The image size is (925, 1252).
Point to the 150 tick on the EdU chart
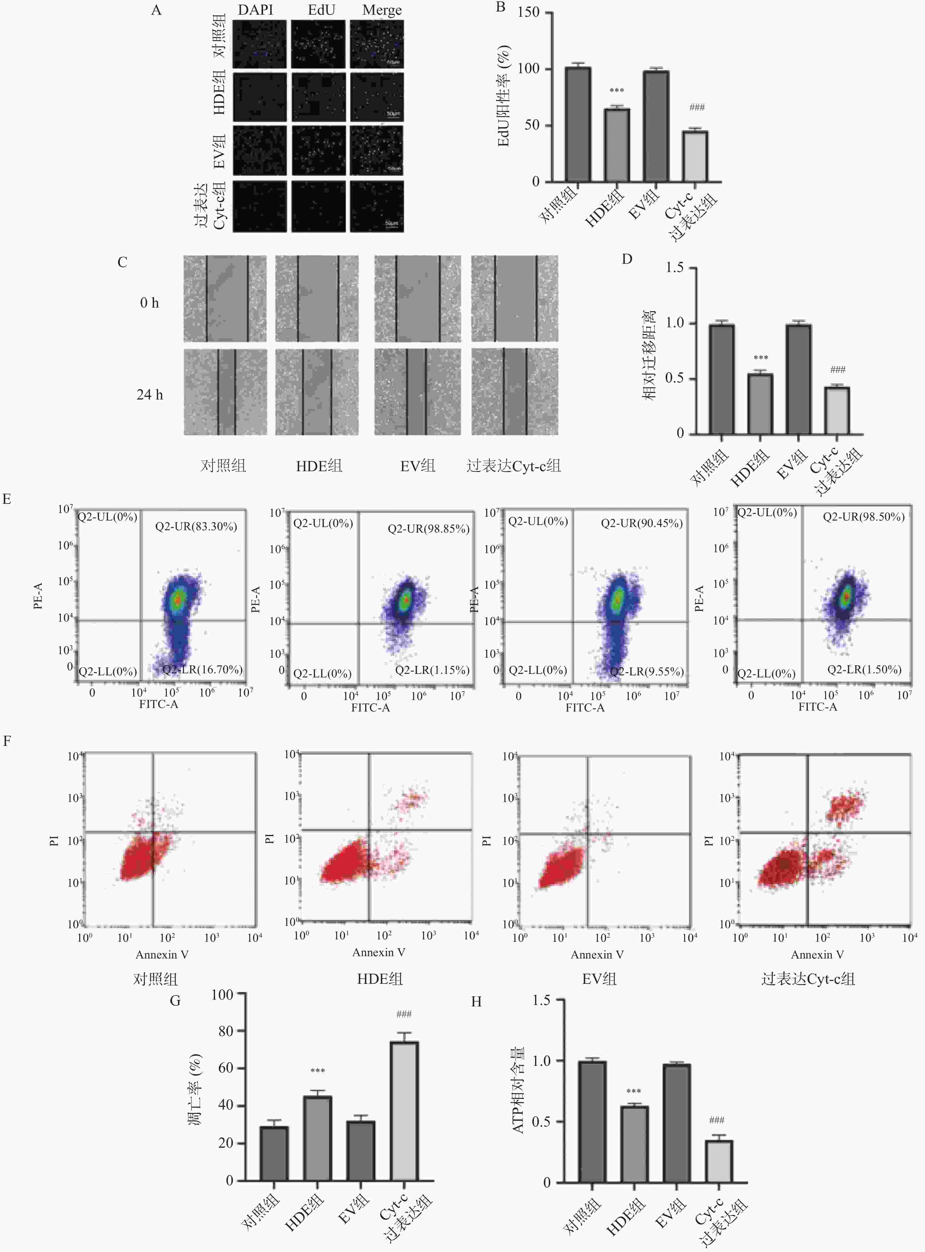coord(529,12)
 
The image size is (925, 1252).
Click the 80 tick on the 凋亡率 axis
coord(226,1031)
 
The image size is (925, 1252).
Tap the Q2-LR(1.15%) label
coord(432,670)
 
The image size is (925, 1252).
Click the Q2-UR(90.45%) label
coord(642,523)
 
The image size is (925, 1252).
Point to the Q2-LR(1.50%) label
coord(864,669)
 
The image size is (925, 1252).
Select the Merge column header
coord(382,10)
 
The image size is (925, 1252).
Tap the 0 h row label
coord(149,303)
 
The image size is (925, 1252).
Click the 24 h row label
coord(149,395)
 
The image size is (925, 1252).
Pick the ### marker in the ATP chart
coord(717,1120)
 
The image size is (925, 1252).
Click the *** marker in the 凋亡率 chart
coord(317,1070)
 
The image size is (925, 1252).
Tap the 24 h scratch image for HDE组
coord(317,392)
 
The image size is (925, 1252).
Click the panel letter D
coord(627,259)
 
